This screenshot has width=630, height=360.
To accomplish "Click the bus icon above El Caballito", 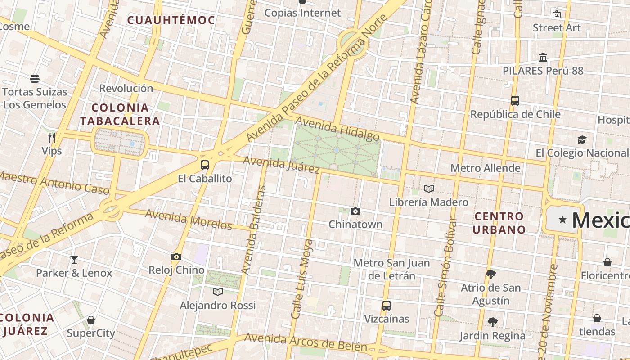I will pyautogui.click(x=205, y=165).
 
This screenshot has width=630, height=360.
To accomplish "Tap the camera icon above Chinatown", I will pyautogui.click(x=355, y=211).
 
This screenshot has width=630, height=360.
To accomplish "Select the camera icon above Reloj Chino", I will pyautogui.click(x=176, y=257).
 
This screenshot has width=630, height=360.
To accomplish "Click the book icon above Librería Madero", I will pyautogui.click(x=429, y=189).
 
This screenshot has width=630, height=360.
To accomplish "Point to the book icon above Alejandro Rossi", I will pyautogui.click(x=218, y=292).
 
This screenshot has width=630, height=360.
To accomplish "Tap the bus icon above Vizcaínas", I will pyautogui.click(x=386, y=306).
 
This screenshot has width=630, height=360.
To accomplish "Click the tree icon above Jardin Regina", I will pyautogui.click(x=492, y=322).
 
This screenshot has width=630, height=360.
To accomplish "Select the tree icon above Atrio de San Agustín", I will pyautogui.click(x=491, y=274).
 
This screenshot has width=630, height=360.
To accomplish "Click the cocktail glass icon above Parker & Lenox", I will pyautogui.click(x=74, y=260).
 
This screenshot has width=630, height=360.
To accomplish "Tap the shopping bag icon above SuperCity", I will pyautogui.click(x=91, y=320).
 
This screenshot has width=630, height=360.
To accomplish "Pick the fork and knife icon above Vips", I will pyautogui.click(x=52, y=137).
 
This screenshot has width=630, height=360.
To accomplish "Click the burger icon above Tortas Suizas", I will pyautogui.click(x=35, y=79).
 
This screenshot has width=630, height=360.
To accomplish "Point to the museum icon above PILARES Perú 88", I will pyautogui.click(x=543, y=58).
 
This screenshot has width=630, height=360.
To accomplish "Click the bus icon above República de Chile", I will pyautogui.click(x=515, y=101).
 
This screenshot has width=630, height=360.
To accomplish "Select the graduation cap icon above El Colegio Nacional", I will pyautogui.click(x=582, y=139).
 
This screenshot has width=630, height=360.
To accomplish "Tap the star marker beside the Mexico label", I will pyautogui.click(x=562, y=220).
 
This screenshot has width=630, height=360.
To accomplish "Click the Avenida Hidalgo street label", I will pyautogui.click(x=337, y=129).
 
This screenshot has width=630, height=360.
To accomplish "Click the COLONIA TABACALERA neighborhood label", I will pyautogui.click(x=120, y=114).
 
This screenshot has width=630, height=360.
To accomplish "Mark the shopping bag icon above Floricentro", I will pyautogui.click(x=607, y=262).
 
